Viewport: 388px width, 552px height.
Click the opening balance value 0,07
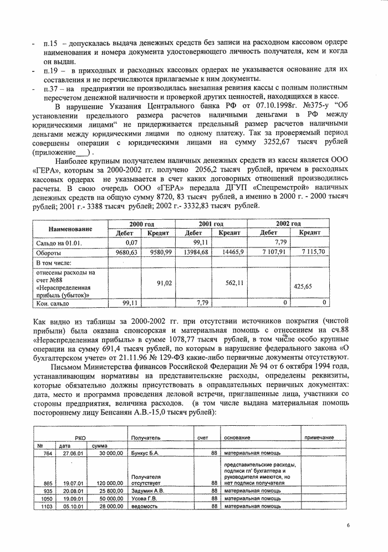coord(131,243)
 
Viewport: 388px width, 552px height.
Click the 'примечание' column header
coord(318,438)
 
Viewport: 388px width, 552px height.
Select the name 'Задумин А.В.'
coord(146,491)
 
